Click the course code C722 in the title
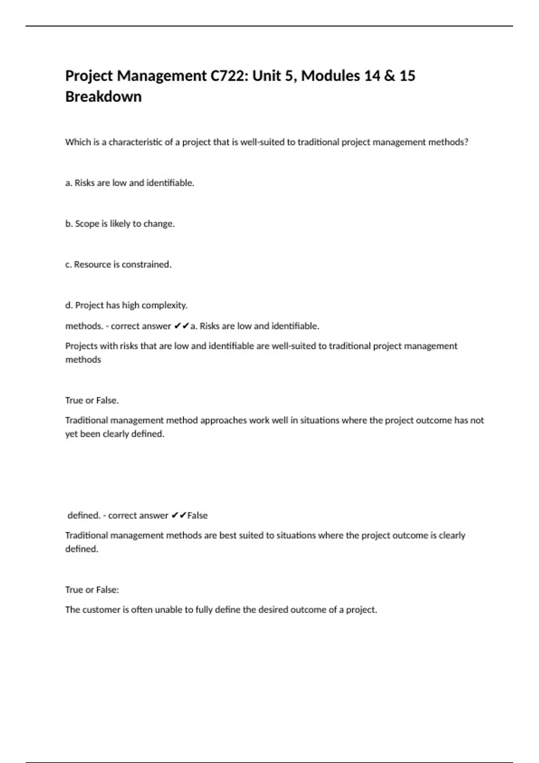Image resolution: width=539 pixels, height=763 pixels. tap(228, 76)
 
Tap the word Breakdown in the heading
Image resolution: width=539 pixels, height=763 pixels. tap(103, 96)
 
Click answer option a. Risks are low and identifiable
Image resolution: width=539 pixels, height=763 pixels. tap(129, 183)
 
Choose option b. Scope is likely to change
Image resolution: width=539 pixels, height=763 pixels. tap(120, 224)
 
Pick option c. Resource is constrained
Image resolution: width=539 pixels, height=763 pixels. tap(118, 265)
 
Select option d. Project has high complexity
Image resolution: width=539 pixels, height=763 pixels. tap(126, 306)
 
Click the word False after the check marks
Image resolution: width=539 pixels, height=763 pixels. tap(197, 516)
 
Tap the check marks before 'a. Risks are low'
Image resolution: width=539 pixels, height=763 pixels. tap(181, 326)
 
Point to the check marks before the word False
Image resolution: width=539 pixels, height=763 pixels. tap(179, 516)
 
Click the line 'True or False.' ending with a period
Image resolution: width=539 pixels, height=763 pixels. tap(92, 400)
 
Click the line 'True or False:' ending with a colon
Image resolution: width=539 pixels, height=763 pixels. tap(92, 590)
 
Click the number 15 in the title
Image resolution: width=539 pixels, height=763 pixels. tap(407, 76)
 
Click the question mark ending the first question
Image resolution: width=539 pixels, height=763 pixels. tap(466, 142)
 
